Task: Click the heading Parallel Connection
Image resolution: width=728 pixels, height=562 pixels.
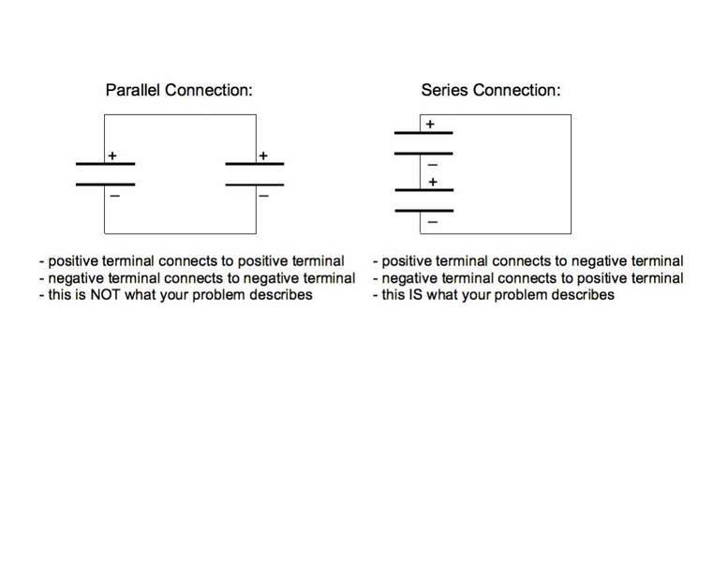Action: pyautogui.click(x=179, y=91)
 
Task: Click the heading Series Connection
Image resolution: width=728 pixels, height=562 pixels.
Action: pyautogui.click(x=491, y=91)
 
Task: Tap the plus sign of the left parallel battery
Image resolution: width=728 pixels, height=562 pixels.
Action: pyautogui.click(x=112, y=156)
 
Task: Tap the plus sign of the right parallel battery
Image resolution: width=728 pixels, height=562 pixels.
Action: pyautogui.click(x=263, y=156)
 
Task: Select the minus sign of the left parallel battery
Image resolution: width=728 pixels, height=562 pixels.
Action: pyautogui.click(x=114, y=196)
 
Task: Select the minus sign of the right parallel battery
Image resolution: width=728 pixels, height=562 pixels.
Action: pyautogui.click(x=264, y=196)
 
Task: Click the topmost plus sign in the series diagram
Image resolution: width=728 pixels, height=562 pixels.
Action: pyautogui.click(x=430, y=124)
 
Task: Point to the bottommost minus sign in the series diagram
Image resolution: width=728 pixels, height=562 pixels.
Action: pyautogui.click(x=432, y=222)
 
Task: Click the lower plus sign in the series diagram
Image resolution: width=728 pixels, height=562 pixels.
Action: pyautogui.click(x=432, y=182)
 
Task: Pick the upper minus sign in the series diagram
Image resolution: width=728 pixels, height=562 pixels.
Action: pyautogui.click(x=432, y=165)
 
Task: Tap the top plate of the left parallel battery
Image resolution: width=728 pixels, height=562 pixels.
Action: pyautogui.click(x=105, y=164)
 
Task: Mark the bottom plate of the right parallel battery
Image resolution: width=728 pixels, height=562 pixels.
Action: pyautogui.click(x=255, y=185)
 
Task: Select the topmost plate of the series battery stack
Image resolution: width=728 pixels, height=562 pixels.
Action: pyautogui.click(x=423, y=133)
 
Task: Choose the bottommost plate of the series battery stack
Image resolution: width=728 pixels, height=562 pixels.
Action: pyautogui.click(x=423, y=211)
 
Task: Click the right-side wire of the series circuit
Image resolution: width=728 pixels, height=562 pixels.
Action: pyautogui.click(x=571, y=173)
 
